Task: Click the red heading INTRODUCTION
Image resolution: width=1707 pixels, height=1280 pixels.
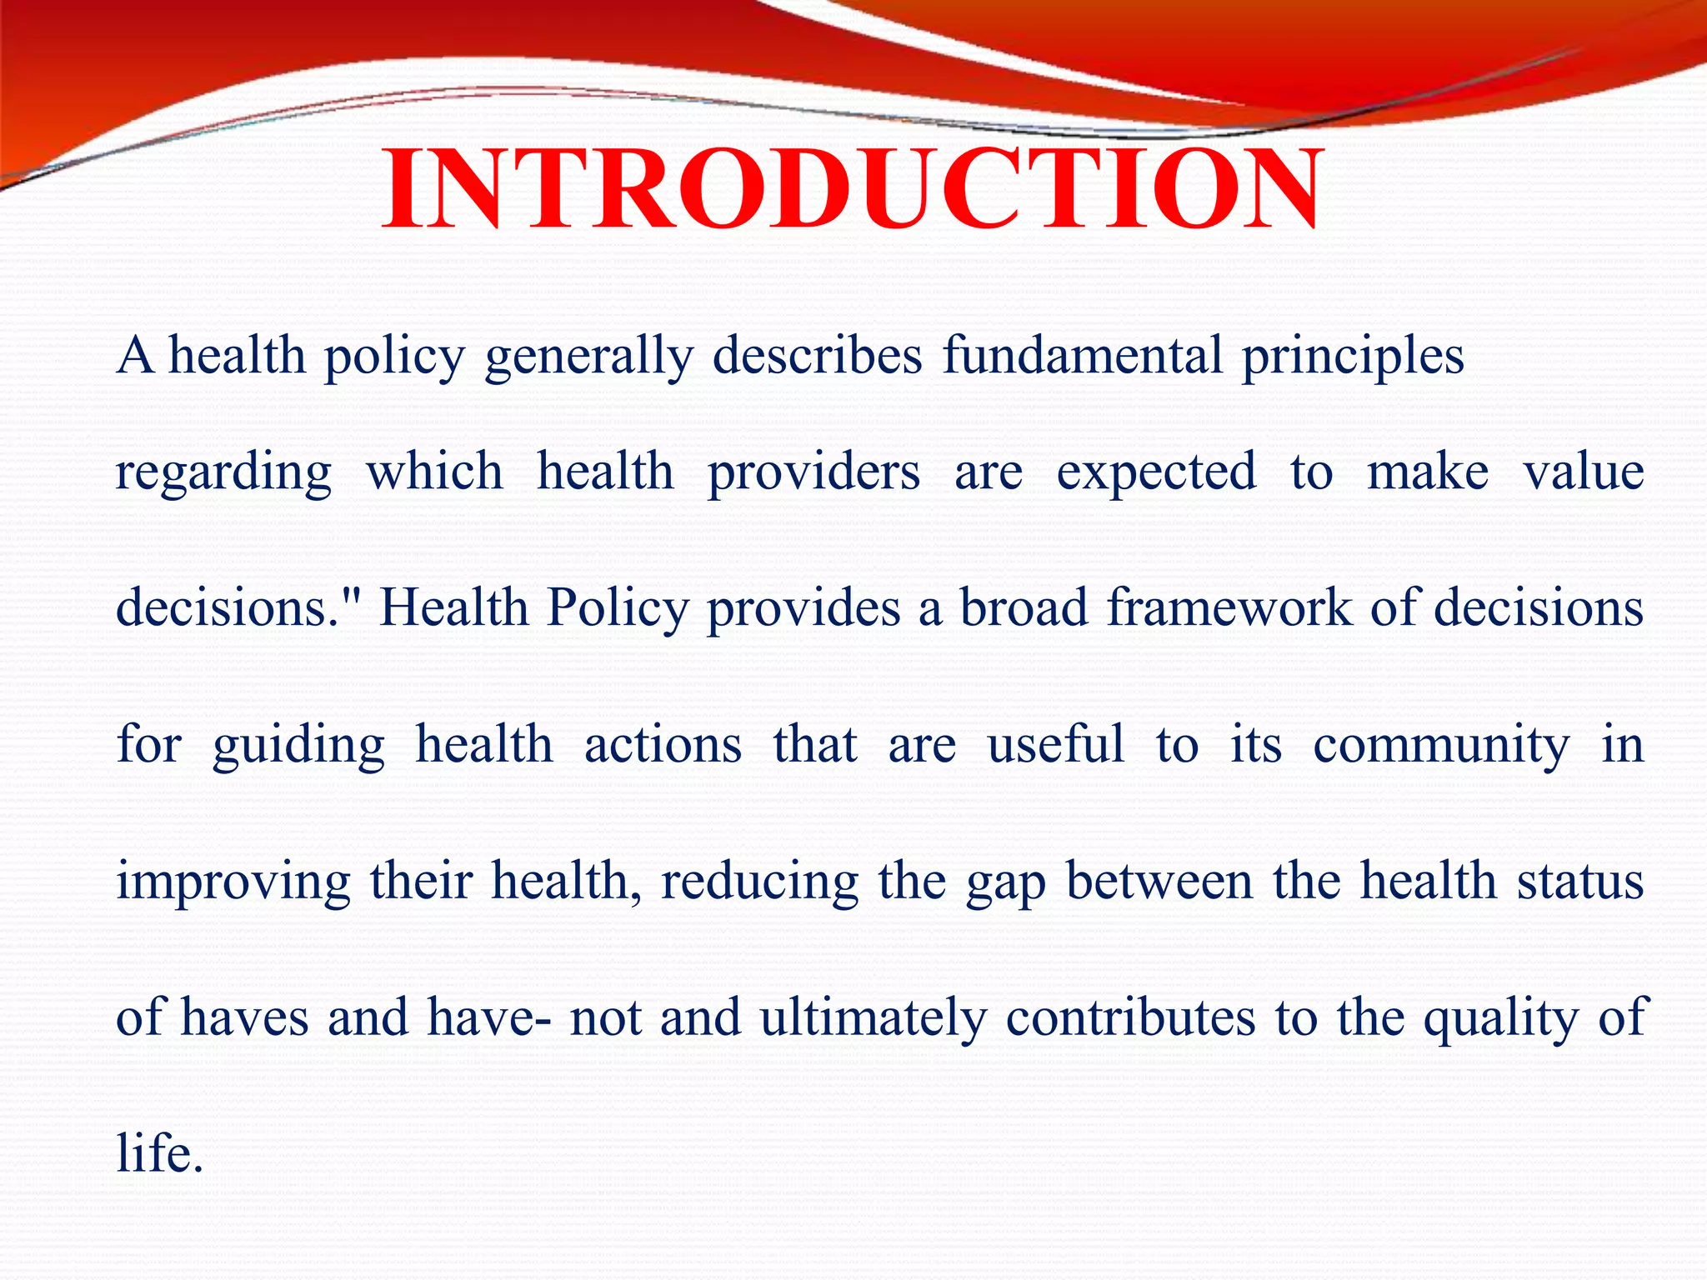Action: (x=852, y=189)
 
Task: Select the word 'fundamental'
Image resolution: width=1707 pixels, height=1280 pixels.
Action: (x=1082, y=355)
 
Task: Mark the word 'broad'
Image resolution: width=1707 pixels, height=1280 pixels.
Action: (x=1024, y=607)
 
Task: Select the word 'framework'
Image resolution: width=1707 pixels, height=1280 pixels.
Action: (x=1229, y=607)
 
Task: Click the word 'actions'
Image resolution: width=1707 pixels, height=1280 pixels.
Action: (x=663, y=744)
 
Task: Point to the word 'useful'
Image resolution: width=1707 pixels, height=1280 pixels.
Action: (x=1056, y=743)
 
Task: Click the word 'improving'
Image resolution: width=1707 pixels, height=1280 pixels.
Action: (x=233, y=882)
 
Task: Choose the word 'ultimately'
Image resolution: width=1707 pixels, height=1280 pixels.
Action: (x=874, y=1018)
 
